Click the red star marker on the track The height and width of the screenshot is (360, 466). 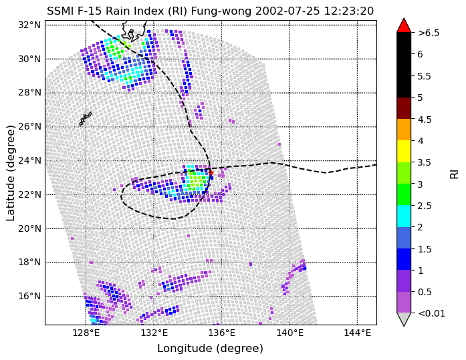pyautogui.click(x=211, y=173)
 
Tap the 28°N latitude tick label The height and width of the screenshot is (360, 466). pyautogui.click(x=29, y=93)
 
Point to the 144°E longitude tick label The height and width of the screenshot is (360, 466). pyautogui.click(x=358, y=333)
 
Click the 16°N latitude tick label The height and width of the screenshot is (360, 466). pyautogui.click(x=29, y=296)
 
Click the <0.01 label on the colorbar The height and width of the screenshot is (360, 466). pyautogui.click(x=431, y=313)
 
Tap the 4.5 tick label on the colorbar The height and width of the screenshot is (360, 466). pyautogui.click(x=425, y=120)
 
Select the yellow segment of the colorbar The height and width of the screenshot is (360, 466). pyautogui.click(x=404, y=152)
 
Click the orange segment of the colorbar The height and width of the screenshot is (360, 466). pyautogui.click(x=404, y=130)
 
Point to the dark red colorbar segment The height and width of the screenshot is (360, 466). pyautogui.click(x=404, y=108)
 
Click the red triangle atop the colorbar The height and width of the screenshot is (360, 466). pyautogui.click(x=404, y=26)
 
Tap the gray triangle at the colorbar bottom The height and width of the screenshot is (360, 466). pyautogui.click(x=404, y=319)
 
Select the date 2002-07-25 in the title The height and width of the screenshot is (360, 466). pyautogui.click(x=287, y=11)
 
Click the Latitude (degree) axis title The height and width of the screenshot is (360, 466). pyautogui.click(x=11, y=173)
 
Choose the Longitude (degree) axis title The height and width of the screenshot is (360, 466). pyautogui.click(x=210, y=349)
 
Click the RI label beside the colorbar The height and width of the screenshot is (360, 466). pyautogui.click(x=455, y=173)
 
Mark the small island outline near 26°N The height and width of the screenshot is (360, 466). pyautogui.click(x=86, y=119)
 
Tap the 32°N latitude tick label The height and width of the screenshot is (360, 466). pyautogui.click(x=29, y=25)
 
